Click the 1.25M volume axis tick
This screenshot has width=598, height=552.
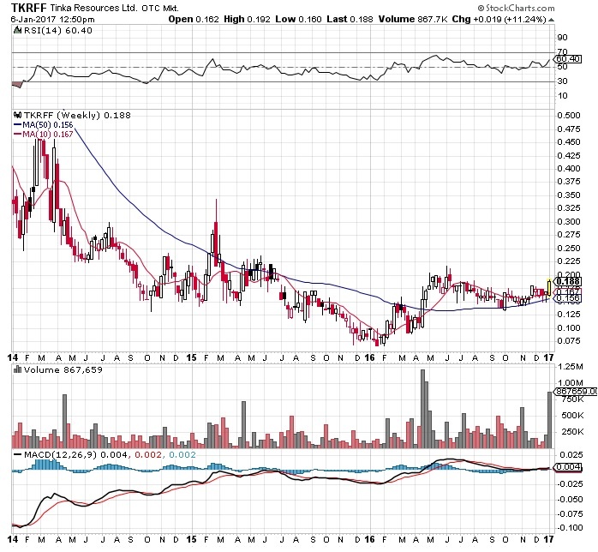tap(567, 381)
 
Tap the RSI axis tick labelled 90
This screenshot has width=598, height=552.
tap(562, 38)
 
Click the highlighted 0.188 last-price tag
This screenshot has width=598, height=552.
tap(568, 281)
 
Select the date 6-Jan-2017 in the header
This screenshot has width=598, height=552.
tap(33, 19)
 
